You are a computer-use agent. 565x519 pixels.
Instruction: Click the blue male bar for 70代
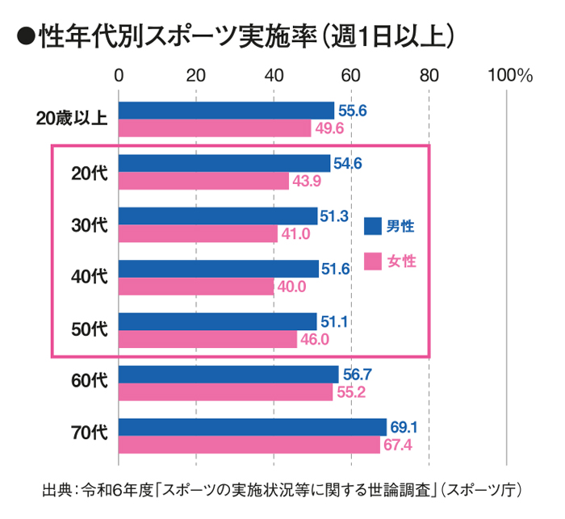pos(253,427)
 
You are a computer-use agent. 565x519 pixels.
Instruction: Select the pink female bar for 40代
pos(197,287)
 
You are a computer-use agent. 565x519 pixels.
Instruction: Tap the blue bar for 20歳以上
pos(227,111)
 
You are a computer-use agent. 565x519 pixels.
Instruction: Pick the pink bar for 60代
pos(226,392)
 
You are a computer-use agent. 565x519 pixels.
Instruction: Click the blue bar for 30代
pos(218,216)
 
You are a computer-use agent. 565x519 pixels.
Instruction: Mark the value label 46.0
pos(314,339)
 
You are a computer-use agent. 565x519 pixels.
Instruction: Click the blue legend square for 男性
pos(372,226)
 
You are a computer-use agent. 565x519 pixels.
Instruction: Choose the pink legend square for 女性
pos(372,262)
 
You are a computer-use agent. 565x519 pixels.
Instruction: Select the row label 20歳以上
pos(73,119)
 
